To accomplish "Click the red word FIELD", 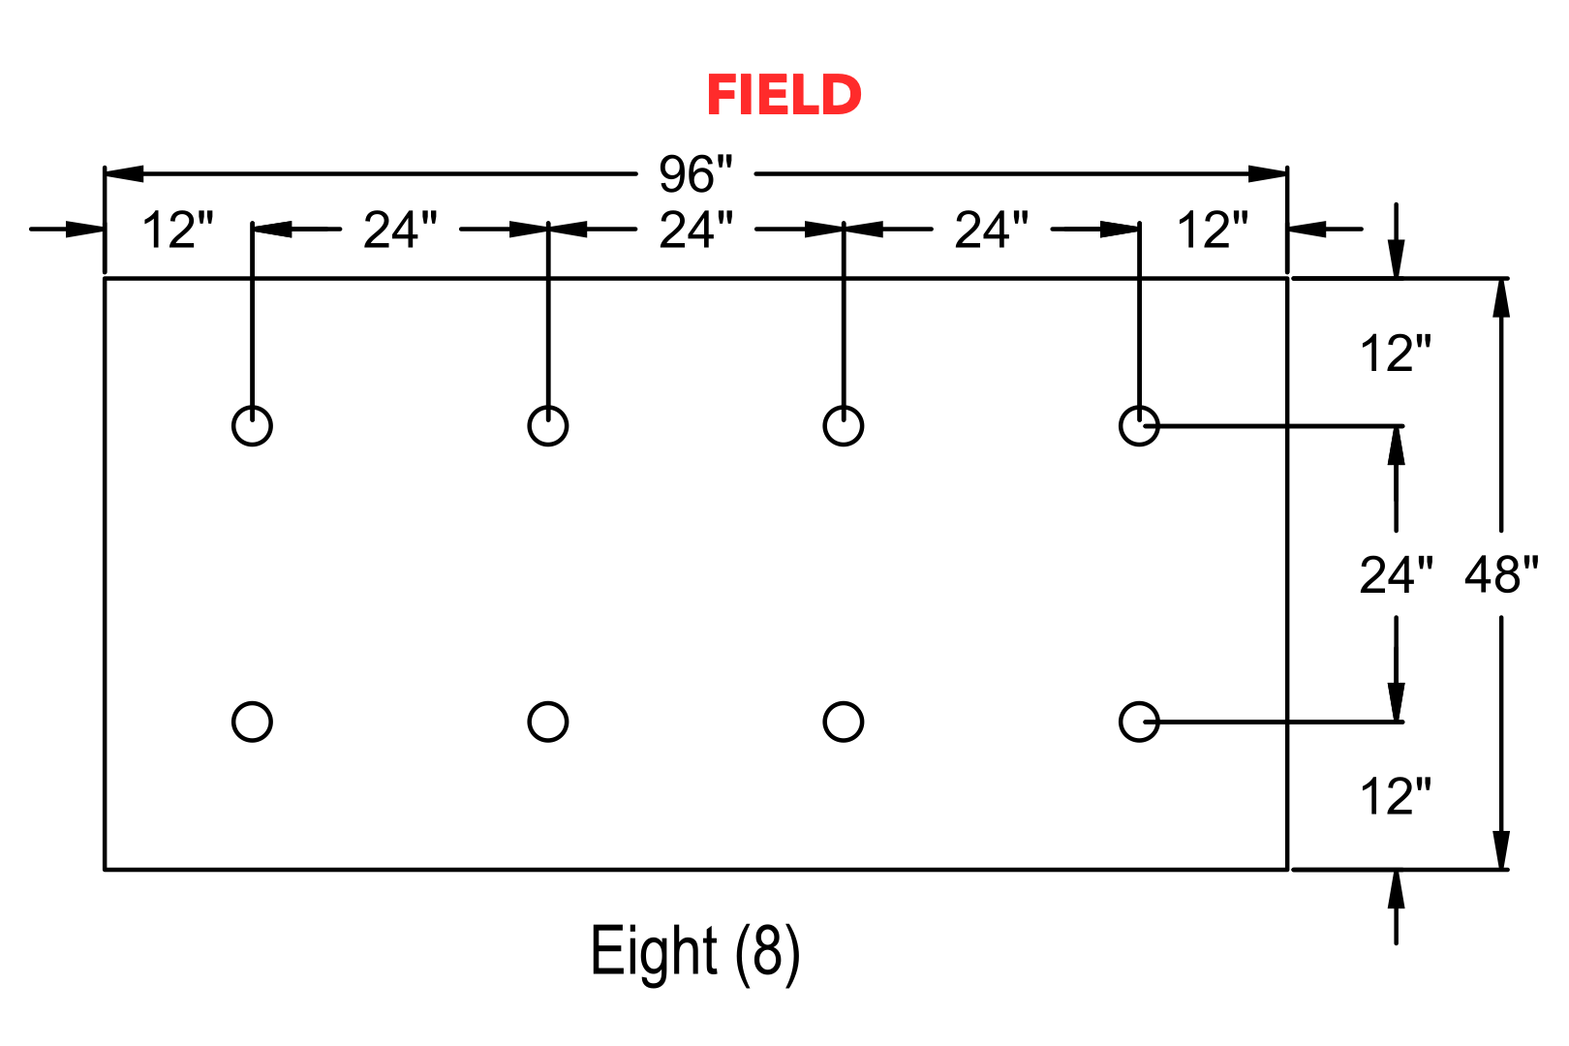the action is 784,95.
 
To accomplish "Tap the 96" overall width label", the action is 695,173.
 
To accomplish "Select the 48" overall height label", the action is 1501,574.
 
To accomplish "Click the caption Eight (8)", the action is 694,952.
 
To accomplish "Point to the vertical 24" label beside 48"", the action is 1396,574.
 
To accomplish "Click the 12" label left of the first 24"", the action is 177,230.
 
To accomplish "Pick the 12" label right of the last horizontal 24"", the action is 1213,230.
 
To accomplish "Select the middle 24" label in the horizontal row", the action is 695,230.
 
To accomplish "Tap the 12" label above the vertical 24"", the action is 1396,354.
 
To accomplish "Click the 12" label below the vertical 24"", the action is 1396,796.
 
